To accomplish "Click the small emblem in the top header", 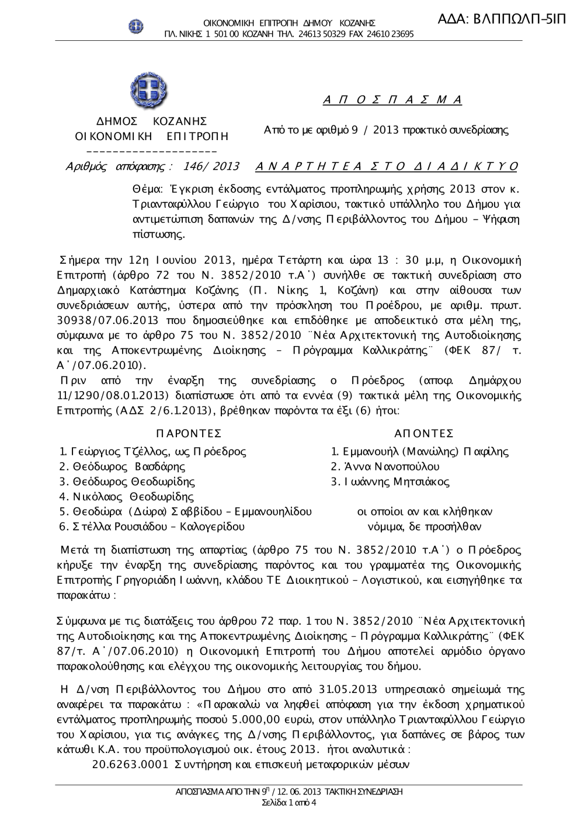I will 136,26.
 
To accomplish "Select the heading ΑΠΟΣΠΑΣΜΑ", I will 392,99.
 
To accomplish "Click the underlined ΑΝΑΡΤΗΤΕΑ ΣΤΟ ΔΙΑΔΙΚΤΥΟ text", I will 387,166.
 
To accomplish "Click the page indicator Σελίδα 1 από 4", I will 289,803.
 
